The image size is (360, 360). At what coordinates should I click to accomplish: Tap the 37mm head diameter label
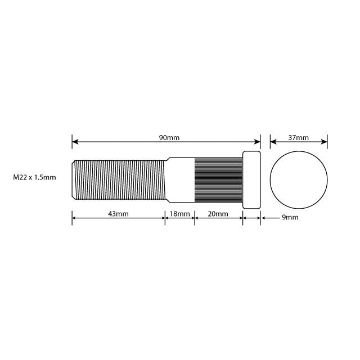click(299, 138)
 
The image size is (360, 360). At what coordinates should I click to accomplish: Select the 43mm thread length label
click(119, 214)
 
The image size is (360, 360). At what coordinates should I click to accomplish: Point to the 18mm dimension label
click(180, 214)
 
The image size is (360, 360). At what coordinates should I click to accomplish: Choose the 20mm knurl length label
click(218, 214)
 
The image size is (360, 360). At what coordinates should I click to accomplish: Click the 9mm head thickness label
click(289, 217)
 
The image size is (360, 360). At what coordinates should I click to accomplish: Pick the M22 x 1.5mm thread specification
click(34, 178)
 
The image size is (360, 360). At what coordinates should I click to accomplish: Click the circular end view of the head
click(299, 179)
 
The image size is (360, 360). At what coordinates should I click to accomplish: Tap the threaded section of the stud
click(121, 179)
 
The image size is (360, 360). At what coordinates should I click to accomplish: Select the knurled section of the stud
click(218, 179)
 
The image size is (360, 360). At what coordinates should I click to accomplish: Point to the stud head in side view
click(251, 179)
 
